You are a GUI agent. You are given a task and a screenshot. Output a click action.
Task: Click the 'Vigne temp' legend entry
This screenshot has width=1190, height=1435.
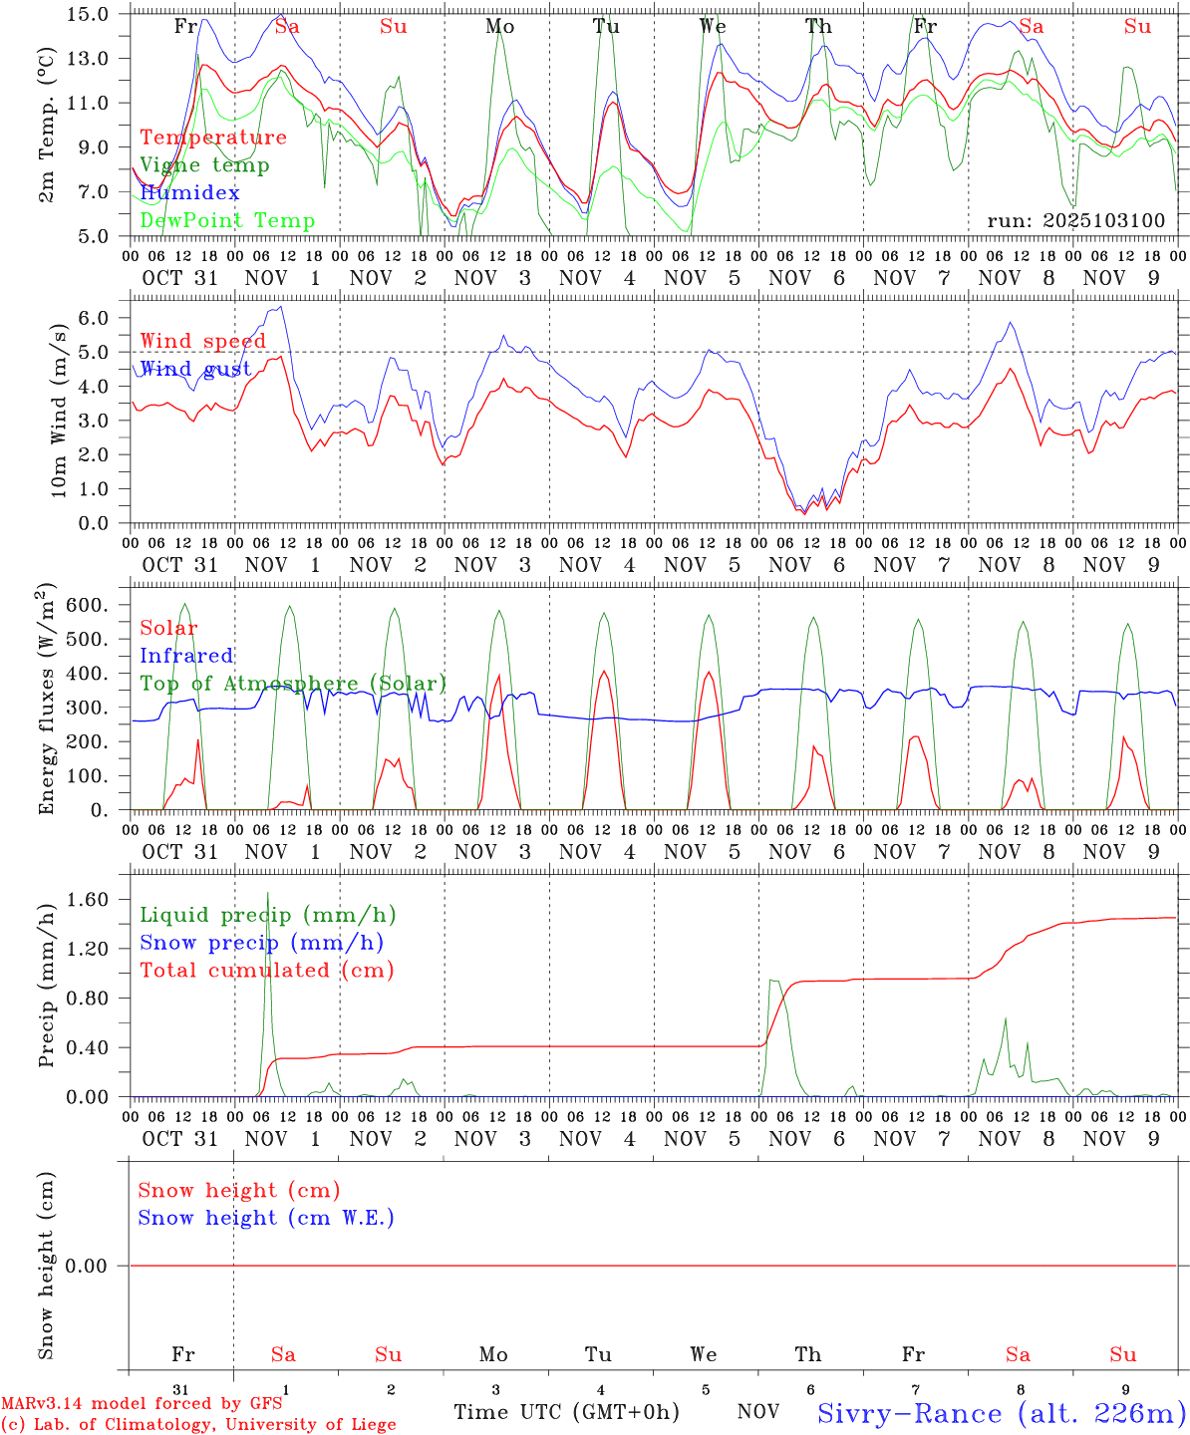[x=204, y=165]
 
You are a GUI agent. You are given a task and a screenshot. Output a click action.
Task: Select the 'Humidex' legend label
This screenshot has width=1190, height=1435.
[x=189, y=193]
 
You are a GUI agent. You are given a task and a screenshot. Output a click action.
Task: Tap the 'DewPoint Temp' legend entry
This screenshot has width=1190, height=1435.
[x=227, y=221]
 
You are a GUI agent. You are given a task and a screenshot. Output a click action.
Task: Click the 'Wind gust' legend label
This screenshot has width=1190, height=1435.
[x=195, y=369]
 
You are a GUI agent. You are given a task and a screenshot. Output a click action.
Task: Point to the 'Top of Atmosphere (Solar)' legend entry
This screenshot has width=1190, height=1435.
[x=293, y=684]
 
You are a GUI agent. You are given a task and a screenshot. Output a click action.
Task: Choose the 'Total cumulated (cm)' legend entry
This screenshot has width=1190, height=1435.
[x=267, y=971]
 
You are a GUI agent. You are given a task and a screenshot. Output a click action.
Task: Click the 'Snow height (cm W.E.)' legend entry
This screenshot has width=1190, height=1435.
[x=266, y=1218]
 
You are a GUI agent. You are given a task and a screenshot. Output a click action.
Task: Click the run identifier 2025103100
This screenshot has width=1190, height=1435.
[x=1075, y=221]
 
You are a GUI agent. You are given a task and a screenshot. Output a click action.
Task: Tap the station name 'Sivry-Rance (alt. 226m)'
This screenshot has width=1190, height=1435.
[x=1001, y=1413]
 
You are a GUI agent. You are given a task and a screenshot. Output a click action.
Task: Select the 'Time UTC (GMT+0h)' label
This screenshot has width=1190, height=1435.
[x=566, y=1412]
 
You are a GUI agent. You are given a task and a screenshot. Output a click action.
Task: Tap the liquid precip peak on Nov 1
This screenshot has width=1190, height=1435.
[x=267, y=893]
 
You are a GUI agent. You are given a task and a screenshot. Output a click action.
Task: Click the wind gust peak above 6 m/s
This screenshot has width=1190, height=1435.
[x=282, y=307]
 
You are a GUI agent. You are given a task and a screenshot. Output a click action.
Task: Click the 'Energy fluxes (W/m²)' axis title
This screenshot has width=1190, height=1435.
[x=46, y=701]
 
